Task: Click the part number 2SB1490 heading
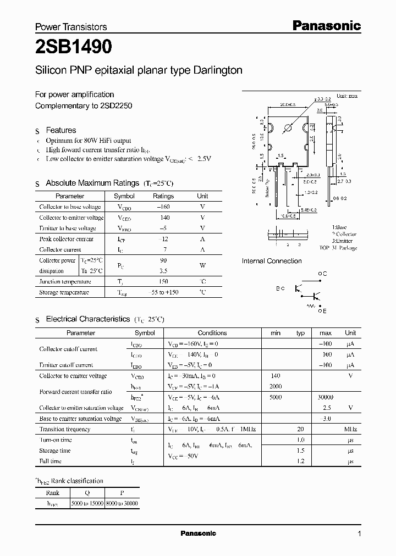tap(74, 48)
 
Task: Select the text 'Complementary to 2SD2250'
tap(84, 105)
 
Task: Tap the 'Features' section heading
tap(61, 130)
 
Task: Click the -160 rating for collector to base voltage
tap(163, 207)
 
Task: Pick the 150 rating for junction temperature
tap(163, 282)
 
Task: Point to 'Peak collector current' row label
tap(67, 239)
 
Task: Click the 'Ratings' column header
tap(163, 196)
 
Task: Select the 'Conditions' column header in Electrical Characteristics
tap(212, 333)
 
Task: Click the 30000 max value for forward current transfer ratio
tap(326, 397)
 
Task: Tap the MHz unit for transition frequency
tap(350, 430)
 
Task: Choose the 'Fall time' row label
tap(51, 462)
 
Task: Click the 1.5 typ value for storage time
tap(300, 451)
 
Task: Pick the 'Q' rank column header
tap(87, 493)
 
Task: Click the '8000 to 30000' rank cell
tap(123, 503)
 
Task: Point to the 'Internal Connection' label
tap(272, 261)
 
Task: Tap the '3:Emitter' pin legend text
tap(343, 241)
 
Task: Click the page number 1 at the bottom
tap(359, 534)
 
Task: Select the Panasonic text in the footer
tap(198, 533)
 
